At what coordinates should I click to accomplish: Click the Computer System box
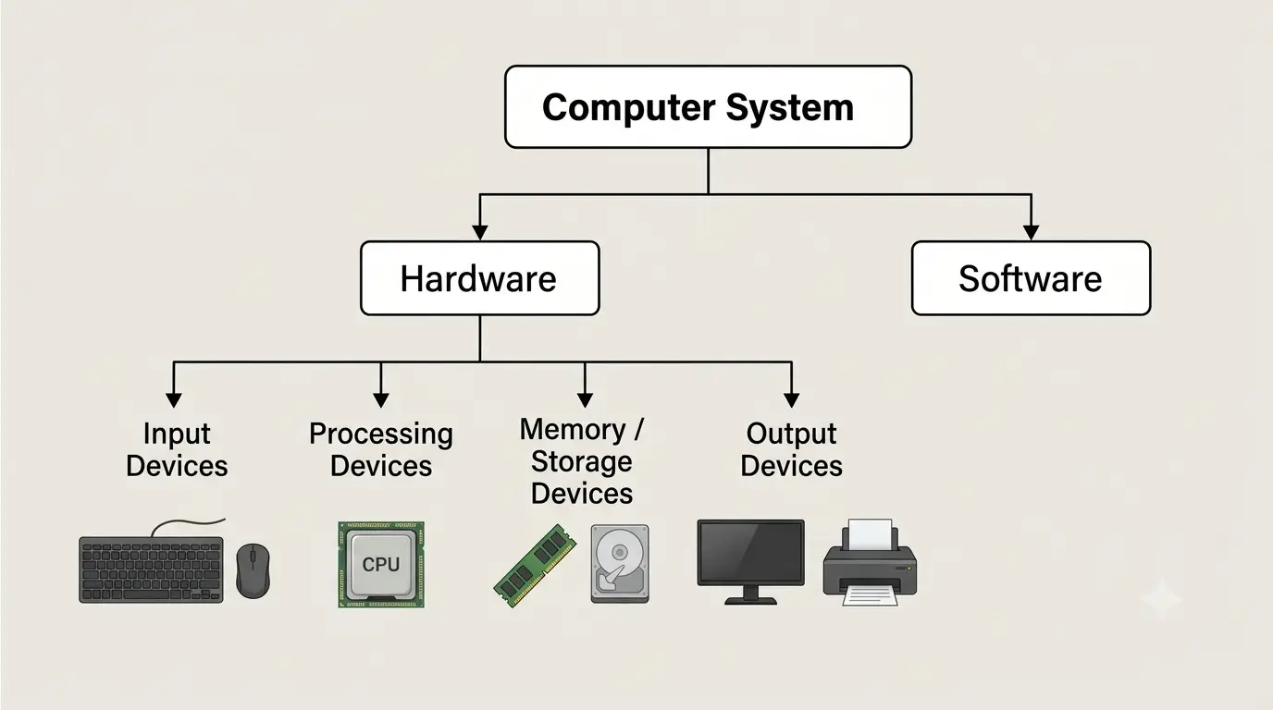708,107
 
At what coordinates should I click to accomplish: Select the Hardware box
479,278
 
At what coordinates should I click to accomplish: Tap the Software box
1031,278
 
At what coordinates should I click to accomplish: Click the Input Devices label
177,449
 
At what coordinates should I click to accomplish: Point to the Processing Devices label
381,449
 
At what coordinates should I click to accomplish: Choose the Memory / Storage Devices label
581,461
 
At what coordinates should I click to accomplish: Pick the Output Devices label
791,449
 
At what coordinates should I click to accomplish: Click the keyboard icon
151,561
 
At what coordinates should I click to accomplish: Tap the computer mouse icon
253,570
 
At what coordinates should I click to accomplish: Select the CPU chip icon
381,565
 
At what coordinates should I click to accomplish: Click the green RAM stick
534,565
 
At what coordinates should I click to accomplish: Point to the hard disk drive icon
620,564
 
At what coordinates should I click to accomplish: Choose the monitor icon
750,561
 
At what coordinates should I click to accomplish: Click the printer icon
870,562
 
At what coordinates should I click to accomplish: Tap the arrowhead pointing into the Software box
1031,232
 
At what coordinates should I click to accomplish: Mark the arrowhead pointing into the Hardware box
479,232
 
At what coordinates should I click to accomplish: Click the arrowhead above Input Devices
173,400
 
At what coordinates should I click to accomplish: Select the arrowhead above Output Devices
791,400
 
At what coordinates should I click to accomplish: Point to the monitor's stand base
750,600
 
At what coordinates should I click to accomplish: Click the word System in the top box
789,108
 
